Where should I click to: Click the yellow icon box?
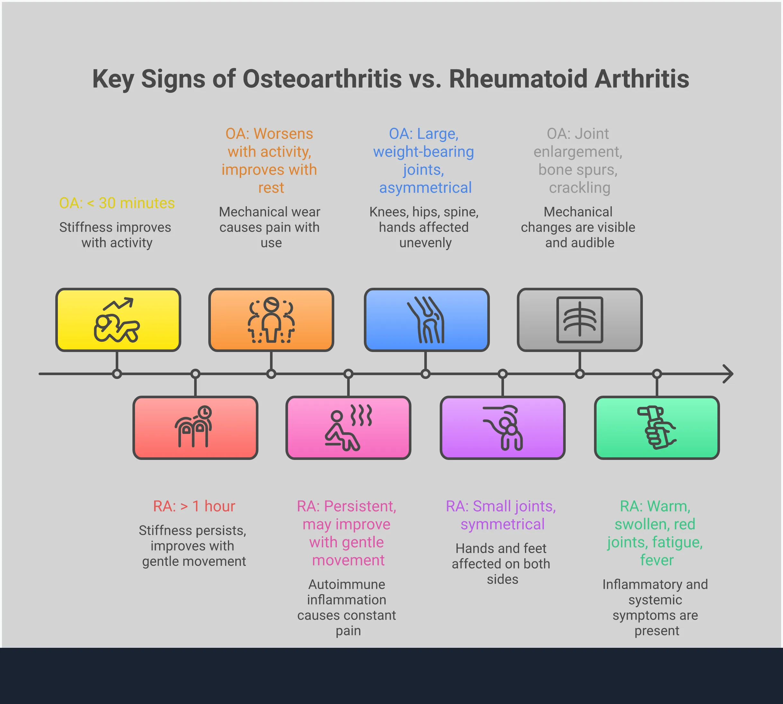[x=118, y=320]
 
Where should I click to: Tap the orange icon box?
[x=271, y=320]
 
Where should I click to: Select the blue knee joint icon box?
[x=427, y=320]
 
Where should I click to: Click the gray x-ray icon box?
[x=580, y=320]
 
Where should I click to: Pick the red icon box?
[x=195, y=428]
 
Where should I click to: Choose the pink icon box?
[x=348, y=428]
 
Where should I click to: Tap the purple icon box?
[x=502, y=428]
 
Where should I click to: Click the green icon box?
[x=656, y=428]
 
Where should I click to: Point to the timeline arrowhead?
[x=729, y=374]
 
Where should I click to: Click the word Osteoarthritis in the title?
[x=322, y=79]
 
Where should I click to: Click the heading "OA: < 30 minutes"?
[x=117, y=203]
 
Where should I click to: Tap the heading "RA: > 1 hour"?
[x=194, y=506]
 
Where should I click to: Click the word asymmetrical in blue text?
[x=425, y=188]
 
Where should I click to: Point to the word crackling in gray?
[x=580, y=188]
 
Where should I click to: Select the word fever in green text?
[x=656, y=560]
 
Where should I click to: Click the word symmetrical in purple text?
[x=502, y=524]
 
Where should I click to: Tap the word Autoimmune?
[x=346, y=584]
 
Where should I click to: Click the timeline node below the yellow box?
[x=117, y=374]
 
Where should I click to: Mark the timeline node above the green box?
[x=657, y=374]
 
